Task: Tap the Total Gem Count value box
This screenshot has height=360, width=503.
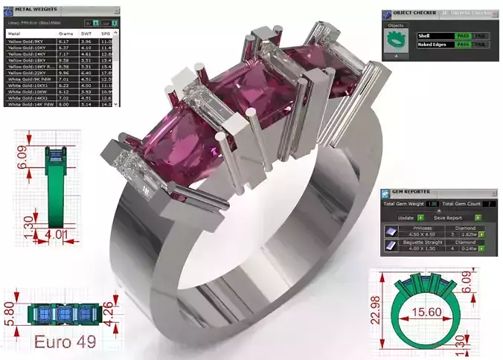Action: pyautogui.click(x=489, y=203)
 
